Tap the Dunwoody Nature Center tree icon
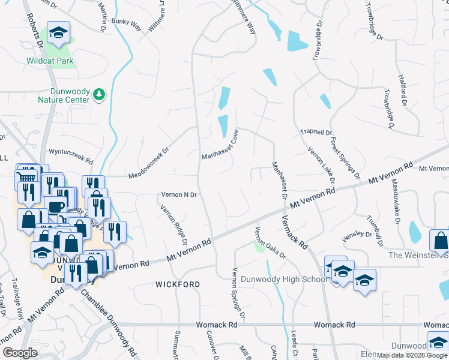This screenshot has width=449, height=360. tap(99, 94)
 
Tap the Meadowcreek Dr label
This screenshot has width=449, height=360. tap(148, 163)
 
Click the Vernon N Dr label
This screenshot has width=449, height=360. tap(179, 195)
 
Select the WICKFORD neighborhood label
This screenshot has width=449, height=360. tap(178, 284)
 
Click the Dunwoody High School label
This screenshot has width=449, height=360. tap(283, 279)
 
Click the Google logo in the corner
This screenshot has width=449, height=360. tap(20, 353)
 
